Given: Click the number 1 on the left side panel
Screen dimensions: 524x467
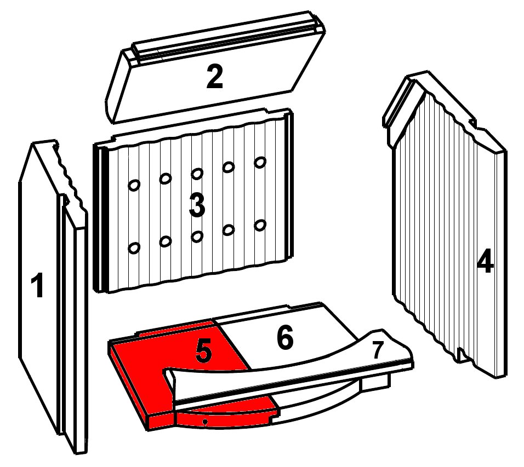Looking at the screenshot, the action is pyautogui.click(x=37, y=285).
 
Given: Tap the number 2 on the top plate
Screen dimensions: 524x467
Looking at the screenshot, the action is pyautogui.click(x=214, y=77).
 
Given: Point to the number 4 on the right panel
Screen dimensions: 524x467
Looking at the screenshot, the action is pyautogui.click(x=485, y=261).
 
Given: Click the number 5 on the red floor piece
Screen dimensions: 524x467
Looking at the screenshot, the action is pyautogui.click(x=203, y=351).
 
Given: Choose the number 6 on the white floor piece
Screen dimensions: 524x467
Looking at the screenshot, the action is pyautogui.click(x=285, y=337).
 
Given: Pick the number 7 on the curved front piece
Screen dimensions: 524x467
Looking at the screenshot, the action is pyautogui.click(x=378, y=350).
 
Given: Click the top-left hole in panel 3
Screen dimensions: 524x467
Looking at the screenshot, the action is pyautogui.click(x=134, y=185).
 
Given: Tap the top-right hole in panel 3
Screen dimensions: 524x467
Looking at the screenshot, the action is pyautogui.click(x=260, y=162).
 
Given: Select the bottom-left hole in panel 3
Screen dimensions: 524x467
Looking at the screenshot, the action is pyautogui.click(x=134, y=247).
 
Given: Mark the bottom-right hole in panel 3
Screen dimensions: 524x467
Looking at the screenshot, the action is pyautogui.click(x=260, y=225).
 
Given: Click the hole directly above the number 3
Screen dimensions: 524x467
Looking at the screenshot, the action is pyautogui.click(x=197, y=174).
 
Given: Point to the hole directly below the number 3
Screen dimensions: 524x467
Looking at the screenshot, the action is pyautogui.click(x=197, y=237).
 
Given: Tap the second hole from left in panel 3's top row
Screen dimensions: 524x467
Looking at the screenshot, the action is pyautogui.click(x=166, y=178).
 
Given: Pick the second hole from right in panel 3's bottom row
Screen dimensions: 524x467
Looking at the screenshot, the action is pyautogui.click(x=229, y=229).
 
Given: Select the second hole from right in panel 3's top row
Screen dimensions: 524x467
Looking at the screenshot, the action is pyautogui.click(x=229, y=166).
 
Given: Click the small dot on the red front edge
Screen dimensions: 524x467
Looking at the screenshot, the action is pyautogui.click(x=205, y=422).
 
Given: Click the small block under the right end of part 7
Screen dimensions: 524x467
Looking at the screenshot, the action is pyautogui.click(x=375, y=383).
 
